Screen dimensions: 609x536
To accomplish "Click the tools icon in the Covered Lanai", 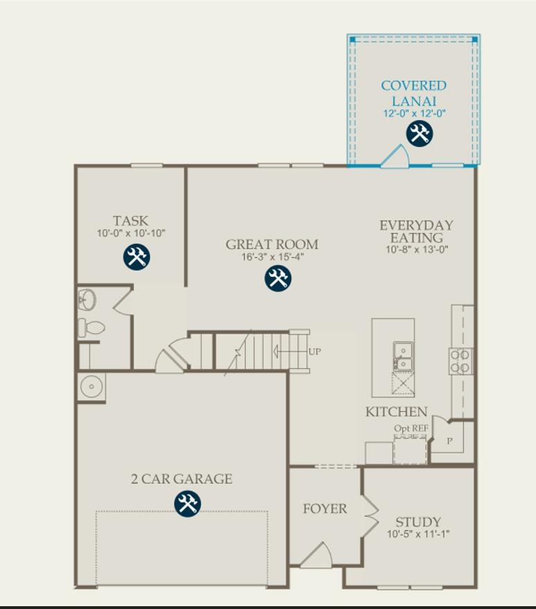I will click(x=419, y=133).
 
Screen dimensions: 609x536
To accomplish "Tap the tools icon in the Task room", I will click(x=137, y=257).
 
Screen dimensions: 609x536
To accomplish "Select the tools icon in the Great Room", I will click(x=278, y=279).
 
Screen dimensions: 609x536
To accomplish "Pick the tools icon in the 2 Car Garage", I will click(x=187, y=504).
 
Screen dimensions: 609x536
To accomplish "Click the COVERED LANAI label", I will click(x=413, y=93).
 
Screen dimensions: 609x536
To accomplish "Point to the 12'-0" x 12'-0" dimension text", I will click(x=414, y=113).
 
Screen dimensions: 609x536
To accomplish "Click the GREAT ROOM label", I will click(x=272, y=244).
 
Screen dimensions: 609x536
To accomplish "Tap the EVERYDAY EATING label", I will click(x=416, y=232).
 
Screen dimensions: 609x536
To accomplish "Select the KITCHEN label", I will click(x=396, y=412).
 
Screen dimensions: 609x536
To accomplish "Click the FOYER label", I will click(x=325, y=508).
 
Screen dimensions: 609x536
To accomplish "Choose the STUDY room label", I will click(x=418, y=522).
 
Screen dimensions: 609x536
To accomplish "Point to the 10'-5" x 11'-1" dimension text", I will click(x=419, y=534).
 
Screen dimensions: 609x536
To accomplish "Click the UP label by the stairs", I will click(x=315, y=352).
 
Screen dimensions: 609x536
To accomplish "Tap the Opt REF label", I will click(x=410, y=429).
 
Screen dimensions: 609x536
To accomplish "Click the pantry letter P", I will click(x=449, y=440).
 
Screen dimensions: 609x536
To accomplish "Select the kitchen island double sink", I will click(x=401, y=357).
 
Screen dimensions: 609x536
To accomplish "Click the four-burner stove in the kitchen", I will click(x=460, y=361).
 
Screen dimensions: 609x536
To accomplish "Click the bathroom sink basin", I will click(x=87, y=300).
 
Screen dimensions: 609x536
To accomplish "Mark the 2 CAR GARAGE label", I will click(x=182, y=479).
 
